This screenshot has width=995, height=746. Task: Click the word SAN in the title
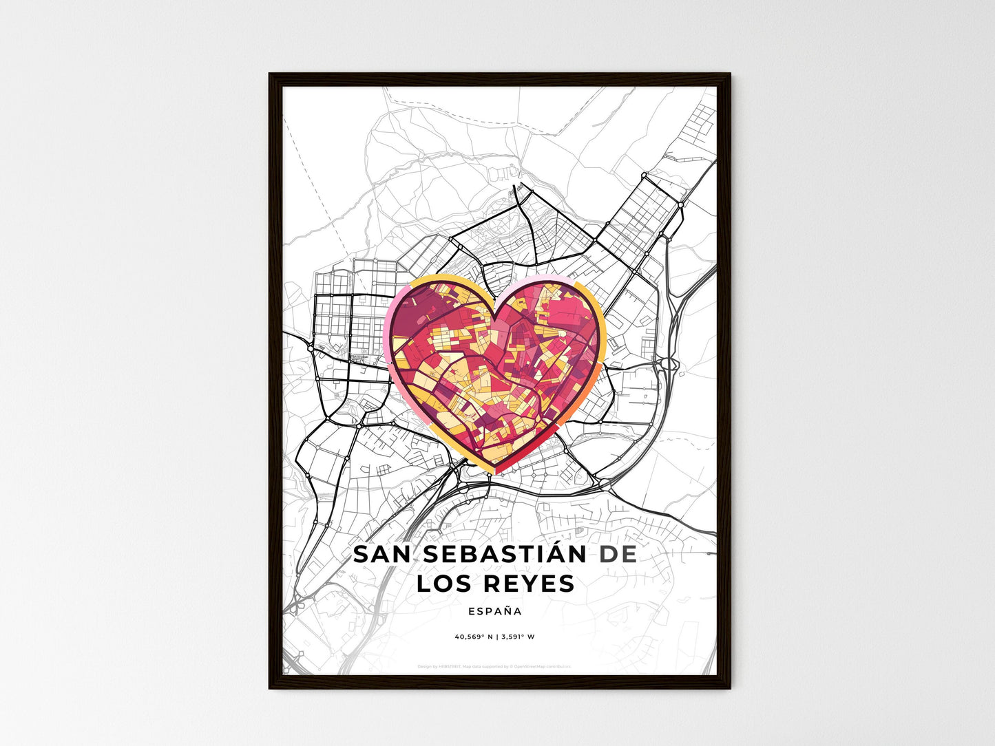381,555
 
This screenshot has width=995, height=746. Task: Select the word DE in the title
618,555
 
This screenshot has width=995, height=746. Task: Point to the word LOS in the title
445,584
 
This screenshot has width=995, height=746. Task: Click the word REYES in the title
529,584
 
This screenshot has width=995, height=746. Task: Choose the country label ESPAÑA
494,611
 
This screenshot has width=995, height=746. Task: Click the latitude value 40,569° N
474,637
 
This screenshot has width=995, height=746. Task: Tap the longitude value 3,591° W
518,637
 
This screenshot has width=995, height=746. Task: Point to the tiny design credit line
494,666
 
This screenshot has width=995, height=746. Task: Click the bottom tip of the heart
495,471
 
